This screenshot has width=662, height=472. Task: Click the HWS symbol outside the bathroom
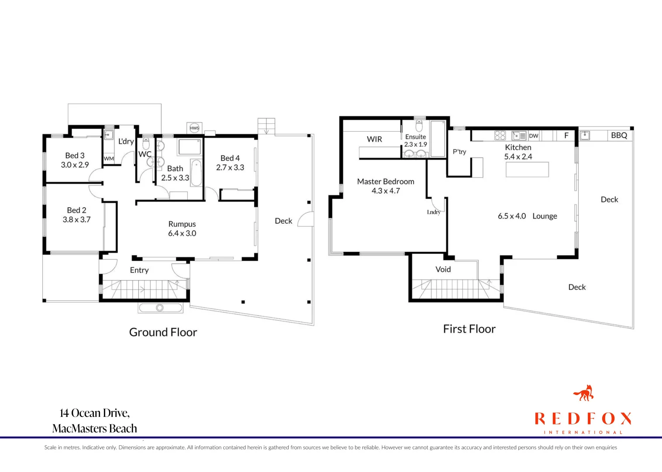click(194, 128)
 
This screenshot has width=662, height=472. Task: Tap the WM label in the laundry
click(109, 159)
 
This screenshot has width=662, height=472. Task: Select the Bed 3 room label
click(75, 156)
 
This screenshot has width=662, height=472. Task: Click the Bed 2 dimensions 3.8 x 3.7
click(76, 220)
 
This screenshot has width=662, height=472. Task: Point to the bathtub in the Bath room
click(197, 173)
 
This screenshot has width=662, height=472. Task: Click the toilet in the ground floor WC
click(146, 144)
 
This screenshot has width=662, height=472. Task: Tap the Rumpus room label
click(182, 224)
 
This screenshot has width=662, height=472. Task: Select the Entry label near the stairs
click(139, 270)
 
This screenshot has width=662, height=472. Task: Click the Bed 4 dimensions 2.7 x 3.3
click(230, 167)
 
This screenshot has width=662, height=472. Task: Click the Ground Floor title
click(163, 332)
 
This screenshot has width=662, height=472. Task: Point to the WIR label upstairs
click(374, 139)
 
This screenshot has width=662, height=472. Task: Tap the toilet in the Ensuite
click(419, 126)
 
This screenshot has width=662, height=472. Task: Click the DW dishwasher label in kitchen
click(534, 136)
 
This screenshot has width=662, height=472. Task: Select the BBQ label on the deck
click(619, 135)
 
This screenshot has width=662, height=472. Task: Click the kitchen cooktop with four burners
click(500, 135)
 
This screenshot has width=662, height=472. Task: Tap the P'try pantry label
click(459, 152)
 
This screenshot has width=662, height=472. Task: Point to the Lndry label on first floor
click(434, 212)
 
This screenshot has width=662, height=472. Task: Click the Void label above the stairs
click(443, 269)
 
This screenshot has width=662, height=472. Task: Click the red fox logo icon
click(584, 393)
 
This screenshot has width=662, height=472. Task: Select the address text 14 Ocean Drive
click(95, 413)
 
